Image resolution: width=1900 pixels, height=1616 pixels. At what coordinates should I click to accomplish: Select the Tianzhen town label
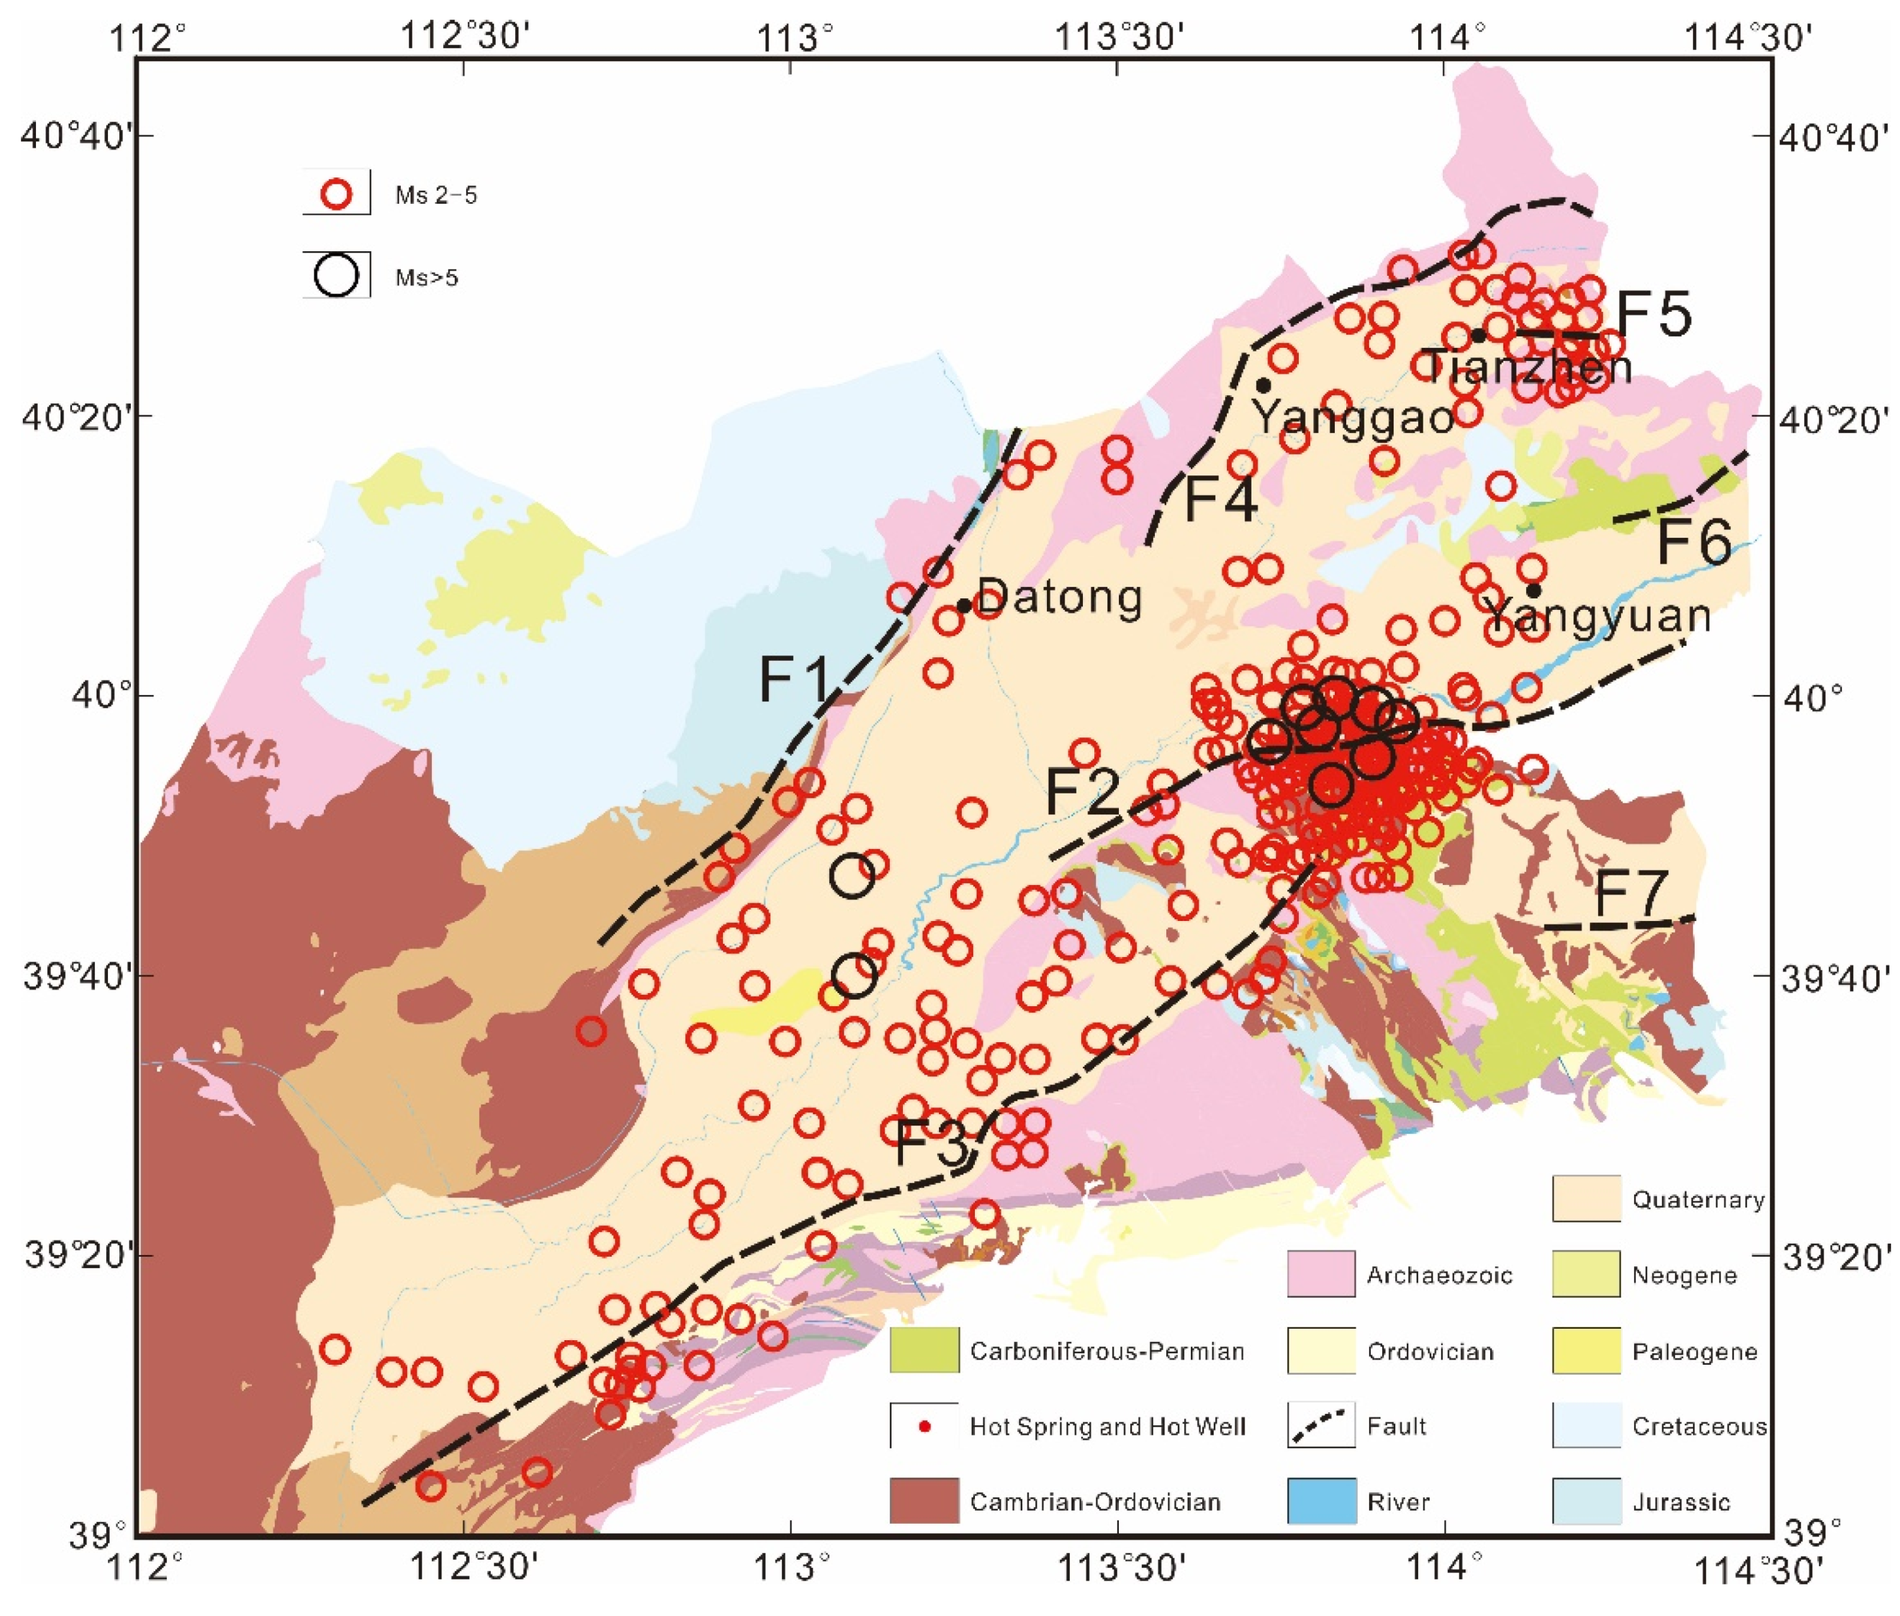[x=1528, y=366]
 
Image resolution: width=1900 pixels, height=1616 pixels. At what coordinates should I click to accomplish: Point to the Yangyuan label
[x=1597, y=615]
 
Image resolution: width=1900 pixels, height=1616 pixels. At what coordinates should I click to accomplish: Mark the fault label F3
[x=930, y=1144]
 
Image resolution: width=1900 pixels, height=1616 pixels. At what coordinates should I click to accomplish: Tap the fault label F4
[x=1220, y=500]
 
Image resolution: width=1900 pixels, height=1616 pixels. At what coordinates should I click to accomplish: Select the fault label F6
[x=1694, y=542]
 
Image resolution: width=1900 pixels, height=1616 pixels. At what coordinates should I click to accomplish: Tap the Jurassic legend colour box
[x=1585, y=1502]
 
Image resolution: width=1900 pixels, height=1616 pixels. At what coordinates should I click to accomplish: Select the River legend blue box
[x=1321, y=1502]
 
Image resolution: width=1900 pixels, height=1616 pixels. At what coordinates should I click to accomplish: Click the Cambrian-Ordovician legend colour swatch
[x=923, y=1502]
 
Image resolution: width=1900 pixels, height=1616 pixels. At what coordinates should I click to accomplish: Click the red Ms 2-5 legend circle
[x=337, y=194]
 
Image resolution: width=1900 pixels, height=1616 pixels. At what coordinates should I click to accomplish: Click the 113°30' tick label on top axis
[x=1120, y=39]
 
